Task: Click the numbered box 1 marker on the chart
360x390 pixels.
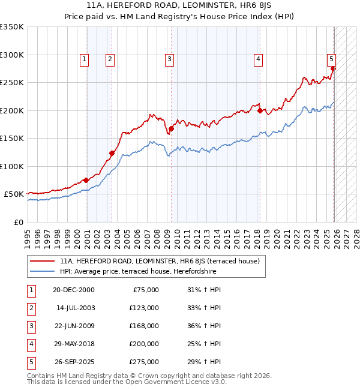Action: point(84,59)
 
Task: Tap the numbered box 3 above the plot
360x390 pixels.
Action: point(170,59)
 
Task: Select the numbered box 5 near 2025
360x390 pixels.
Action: point(331,59)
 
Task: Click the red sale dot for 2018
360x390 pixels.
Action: point(260,110)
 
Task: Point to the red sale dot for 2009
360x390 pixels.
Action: point(172,128)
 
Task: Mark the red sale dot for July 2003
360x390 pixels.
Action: point(112,154)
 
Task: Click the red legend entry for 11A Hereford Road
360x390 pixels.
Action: point(159,261)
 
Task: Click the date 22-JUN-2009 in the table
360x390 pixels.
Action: point(73,325)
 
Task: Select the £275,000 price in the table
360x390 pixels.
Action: point(145,361)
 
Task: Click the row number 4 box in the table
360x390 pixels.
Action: point(31,343)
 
